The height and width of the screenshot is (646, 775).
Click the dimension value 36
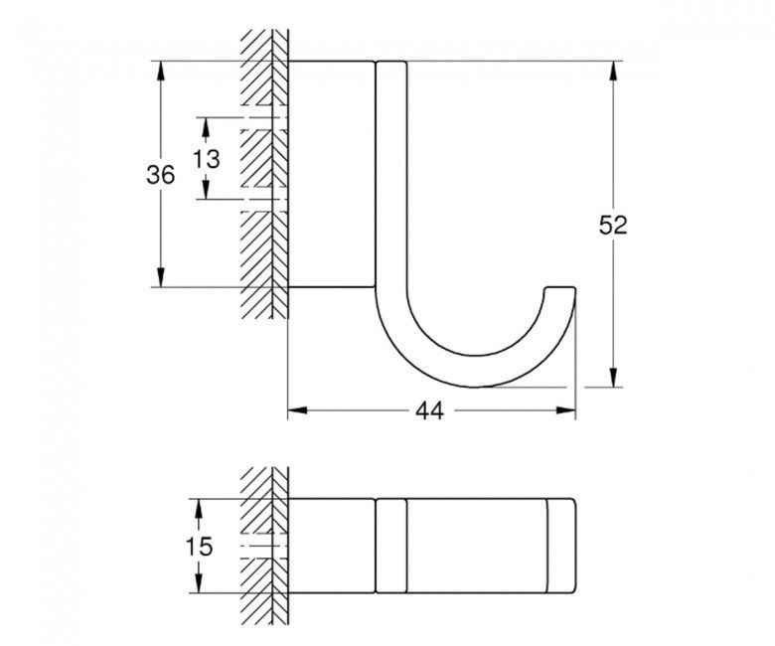161,175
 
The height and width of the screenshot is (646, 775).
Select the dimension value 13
207,159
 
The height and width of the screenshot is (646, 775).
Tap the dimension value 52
613,226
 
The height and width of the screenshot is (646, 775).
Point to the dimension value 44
429,410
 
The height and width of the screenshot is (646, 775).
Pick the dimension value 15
199,547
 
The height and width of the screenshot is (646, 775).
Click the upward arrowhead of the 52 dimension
613,71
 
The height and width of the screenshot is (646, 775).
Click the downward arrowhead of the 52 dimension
613,378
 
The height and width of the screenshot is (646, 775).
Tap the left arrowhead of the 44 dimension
297,410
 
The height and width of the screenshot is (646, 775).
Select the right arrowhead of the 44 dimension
566,410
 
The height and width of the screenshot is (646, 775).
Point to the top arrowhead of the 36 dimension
160,71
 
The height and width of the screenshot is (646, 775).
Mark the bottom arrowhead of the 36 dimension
160,277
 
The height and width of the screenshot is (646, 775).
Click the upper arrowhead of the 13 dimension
206,127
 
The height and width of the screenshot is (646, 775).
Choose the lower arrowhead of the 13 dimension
206,190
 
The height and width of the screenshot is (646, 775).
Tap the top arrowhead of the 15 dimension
199,508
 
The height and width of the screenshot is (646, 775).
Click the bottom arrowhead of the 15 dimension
199,583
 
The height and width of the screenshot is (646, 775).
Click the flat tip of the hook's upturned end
559,287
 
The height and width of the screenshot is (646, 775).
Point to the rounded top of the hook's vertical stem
391,63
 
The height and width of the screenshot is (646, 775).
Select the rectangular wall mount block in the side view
331,174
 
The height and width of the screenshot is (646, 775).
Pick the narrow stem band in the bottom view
391,546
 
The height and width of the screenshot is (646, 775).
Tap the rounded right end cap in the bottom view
562,546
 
